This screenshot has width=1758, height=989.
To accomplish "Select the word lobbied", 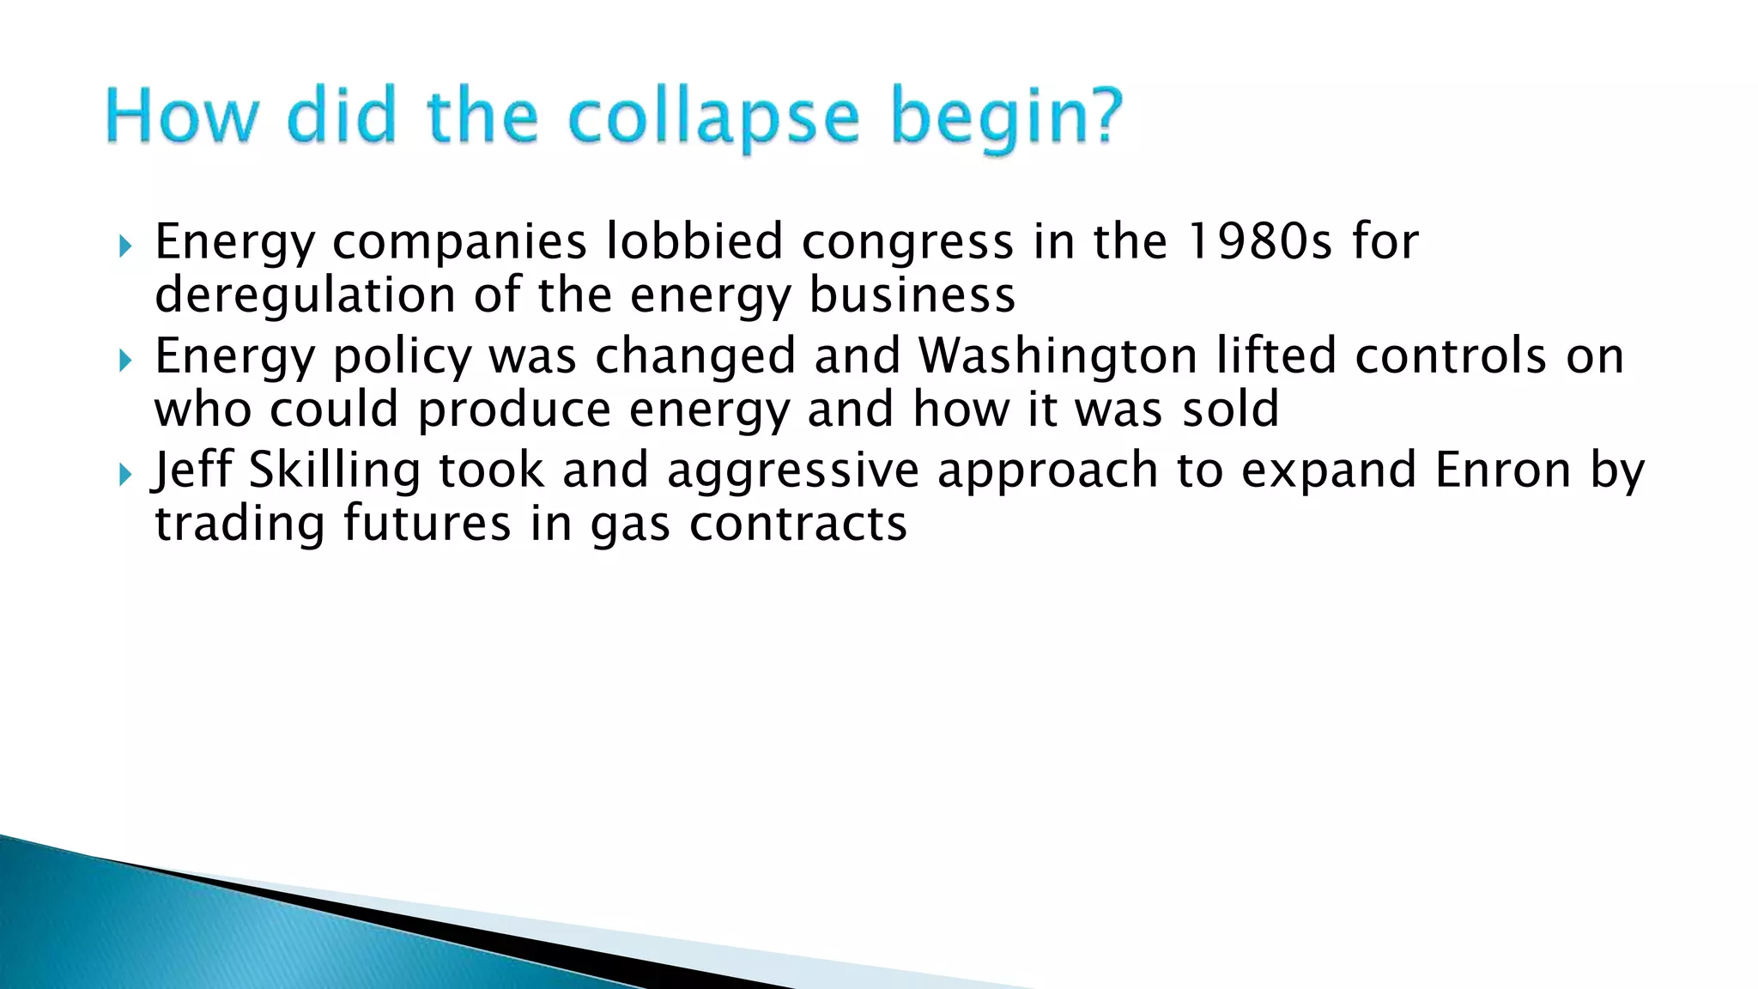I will coord(694,241).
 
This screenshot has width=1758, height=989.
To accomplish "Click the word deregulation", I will coord(306,296).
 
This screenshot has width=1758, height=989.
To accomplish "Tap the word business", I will coord(912,294).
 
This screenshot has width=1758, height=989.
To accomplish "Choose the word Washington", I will coord(1058,357).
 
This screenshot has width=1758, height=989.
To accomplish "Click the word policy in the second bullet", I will coord(402,357).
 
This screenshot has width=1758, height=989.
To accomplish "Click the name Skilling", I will coord(334,471).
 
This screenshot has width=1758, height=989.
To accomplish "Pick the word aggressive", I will coord(792,471).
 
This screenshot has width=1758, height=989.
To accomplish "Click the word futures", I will coord(427,523).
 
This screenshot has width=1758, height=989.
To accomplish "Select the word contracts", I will coord(798,525).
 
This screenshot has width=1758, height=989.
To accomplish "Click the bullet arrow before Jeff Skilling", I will coord(125,474).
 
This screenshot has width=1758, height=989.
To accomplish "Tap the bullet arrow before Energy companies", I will coord(125,247).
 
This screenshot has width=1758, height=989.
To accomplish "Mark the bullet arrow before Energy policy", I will coord(125,361).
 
